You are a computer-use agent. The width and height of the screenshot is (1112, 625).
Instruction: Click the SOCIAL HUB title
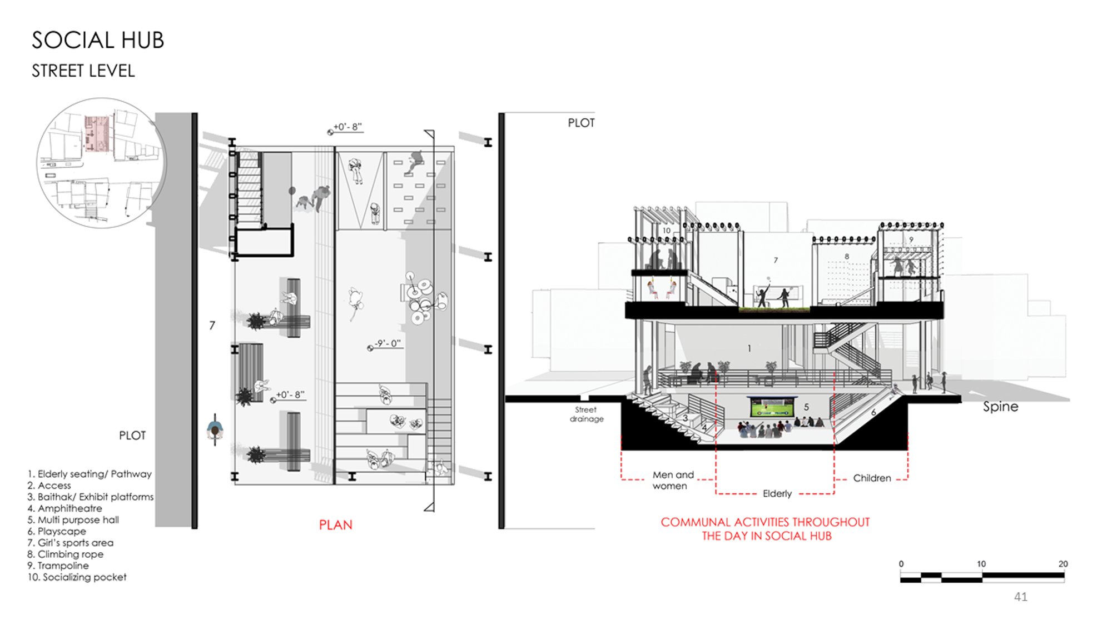pyautogui.click(x=98, y=40)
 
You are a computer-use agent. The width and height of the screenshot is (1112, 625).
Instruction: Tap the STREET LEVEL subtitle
pyautogui.click(x=83, y=71)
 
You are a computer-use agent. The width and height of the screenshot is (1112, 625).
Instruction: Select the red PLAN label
pyautogui.click(x=336, y=525)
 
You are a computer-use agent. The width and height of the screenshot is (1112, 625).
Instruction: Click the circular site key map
pyautogui.click(x=101, y=163)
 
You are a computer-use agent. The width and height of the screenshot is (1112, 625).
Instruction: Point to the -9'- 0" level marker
pyautogui.click(x=385, y=344)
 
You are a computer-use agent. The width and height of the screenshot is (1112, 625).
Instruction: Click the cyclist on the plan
pyautogui.click(x=215, y=429)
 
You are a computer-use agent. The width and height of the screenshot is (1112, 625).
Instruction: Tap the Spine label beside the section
pyautogui.click(x=1001, y=407)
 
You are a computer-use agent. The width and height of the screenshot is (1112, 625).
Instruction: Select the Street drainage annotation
pyautogui.click(x=587, y=414)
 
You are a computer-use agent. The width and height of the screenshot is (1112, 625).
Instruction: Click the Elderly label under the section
pyautogui.click(x=777, y=493)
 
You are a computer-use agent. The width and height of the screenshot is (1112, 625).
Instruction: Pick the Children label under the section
pyautogui.click(x=872, y=478)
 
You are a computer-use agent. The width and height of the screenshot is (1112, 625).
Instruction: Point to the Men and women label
pyautogui.click(x=673, y=481)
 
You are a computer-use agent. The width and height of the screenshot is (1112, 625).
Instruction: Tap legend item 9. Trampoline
pyautogui.click(x=58, y=566)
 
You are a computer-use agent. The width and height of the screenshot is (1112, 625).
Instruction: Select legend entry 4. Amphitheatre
pyautogui.click(x=64, y=508)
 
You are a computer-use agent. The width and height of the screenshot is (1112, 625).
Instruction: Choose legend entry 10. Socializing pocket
pyautogui.click(x=77, y=577)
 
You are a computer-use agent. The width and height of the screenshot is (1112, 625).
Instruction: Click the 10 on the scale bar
pyautogui.click(x=981, y=564)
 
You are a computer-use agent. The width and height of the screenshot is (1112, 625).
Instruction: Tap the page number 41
pyautogui.click(x=1021, y=597)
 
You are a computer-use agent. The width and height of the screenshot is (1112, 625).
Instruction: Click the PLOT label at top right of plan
pyautogui.click(x=581, y=123)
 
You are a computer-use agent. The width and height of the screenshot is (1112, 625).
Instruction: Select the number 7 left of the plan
pyautogui.click(x=212, y=326)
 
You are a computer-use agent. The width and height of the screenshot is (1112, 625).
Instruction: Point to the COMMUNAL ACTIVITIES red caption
pyautogui.click(x=766, y=529)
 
